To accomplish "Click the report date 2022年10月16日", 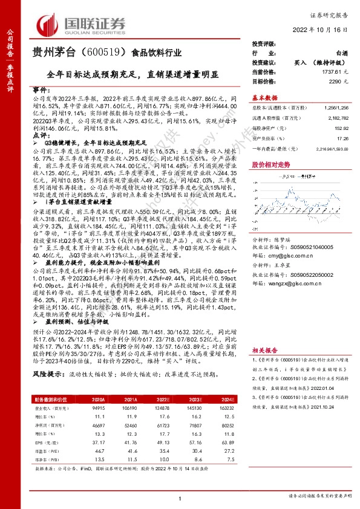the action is pos(322,28).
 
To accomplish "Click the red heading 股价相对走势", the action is pos(270,164).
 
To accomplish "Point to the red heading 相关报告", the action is pos(264,349).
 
